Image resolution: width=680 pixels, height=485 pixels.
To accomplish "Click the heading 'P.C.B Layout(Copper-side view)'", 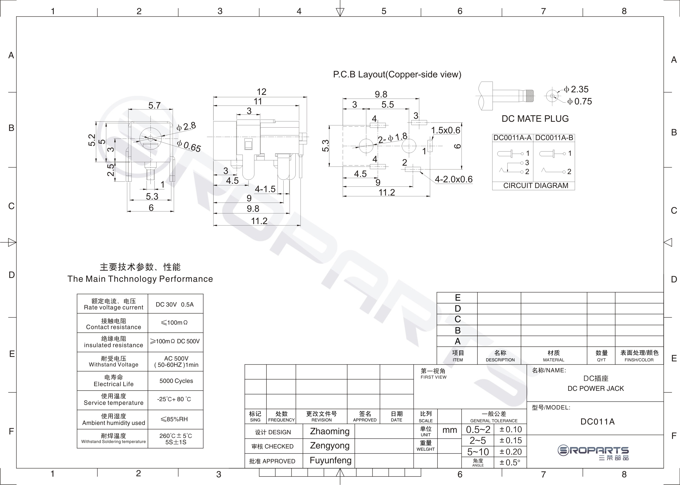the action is (397, 74).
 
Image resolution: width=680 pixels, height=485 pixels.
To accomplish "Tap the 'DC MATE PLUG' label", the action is (535, 119).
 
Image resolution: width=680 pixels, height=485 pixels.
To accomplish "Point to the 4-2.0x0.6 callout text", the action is (453, 179).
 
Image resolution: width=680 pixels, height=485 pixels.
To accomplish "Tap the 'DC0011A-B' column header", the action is (554, 138).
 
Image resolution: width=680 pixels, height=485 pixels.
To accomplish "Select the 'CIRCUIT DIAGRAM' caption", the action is (536, 186).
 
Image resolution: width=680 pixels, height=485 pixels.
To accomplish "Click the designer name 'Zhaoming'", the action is (330, 431).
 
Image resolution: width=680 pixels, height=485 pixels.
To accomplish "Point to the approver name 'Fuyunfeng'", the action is (330, 460).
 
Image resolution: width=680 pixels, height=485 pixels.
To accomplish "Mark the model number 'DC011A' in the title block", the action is (597, 422).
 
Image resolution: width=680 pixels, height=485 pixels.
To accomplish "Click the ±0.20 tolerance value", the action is (511, 452).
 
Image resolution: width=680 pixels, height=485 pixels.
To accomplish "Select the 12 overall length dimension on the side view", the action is (262, 92).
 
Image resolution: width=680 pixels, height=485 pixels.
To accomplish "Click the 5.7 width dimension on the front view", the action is (154, 105).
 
